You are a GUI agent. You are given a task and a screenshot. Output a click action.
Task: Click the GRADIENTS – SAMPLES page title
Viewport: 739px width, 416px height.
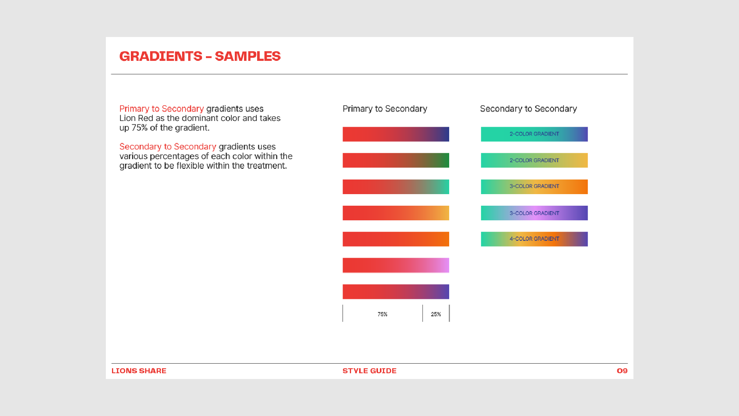point(200,56)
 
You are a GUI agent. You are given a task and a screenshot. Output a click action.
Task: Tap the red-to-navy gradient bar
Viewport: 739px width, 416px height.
point(396,134)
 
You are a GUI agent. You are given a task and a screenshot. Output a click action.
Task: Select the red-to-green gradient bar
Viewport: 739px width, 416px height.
point(396,160)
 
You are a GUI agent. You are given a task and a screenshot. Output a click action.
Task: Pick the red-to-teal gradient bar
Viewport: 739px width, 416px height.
point(396,187)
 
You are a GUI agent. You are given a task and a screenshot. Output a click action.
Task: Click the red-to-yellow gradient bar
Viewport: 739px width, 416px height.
point(396,213)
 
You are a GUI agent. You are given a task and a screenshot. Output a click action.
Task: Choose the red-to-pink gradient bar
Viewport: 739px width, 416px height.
point(396,265)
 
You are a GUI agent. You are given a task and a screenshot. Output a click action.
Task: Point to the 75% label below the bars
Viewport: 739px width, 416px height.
point(382,314)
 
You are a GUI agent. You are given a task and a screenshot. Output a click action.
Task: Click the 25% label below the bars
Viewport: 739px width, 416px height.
point(436,314)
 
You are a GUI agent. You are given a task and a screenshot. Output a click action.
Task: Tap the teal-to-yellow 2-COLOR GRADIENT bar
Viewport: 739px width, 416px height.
point(534,160)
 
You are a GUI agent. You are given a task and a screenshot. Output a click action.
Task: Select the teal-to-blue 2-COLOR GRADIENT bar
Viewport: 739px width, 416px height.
point(534,134)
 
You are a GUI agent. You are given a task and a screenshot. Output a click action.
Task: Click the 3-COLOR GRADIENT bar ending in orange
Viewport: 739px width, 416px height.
point(534,187)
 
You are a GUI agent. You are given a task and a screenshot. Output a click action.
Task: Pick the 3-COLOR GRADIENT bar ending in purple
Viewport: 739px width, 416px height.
point(534,213)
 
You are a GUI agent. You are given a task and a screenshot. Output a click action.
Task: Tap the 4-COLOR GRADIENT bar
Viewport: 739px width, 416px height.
point(534,239)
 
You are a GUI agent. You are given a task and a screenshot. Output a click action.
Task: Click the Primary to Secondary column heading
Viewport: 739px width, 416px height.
point(385,109)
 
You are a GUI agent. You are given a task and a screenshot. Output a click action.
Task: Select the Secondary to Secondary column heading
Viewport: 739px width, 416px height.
point(528,109)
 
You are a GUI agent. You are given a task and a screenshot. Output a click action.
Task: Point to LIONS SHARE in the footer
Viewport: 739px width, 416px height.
point(139,371)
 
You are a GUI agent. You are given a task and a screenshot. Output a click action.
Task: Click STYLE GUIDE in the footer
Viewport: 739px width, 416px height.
point(369,371)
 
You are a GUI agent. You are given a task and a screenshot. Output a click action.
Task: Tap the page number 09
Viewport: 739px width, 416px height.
point(622,371)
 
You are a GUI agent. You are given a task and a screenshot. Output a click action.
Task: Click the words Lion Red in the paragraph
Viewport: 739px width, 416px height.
point(136,118)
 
